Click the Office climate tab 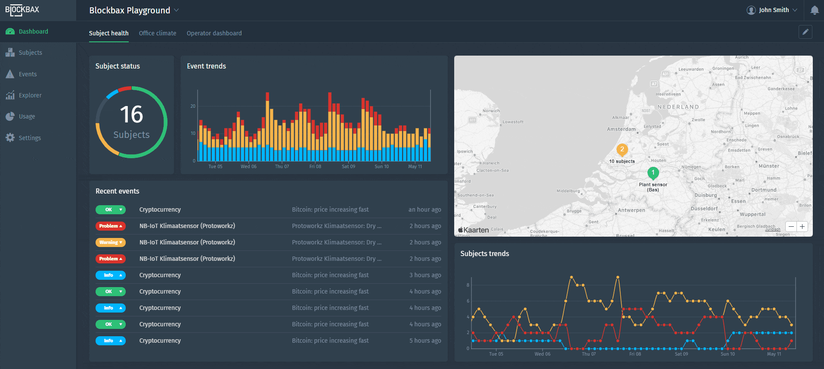[158, 33]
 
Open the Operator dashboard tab [214, 33]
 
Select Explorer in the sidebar [30, 95]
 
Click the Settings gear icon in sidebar [10, 138]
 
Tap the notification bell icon [814, 10]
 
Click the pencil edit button [805, 32]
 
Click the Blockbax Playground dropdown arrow [177, 10]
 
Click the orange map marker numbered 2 [622, 150]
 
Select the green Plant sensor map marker [653, 173]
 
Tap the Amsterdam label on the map [621, 129]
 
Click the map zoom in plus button [802, 227]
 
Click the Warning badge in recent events [111, 242]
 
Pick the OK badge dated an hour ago [111, 210]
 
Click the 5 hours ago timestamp [425, 341]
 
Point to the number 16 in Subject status [131, 115]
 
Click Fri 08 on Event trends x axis [315, 166]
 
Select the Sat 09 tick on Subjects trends [681, 354]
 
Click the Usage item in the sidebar [27, 116]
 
